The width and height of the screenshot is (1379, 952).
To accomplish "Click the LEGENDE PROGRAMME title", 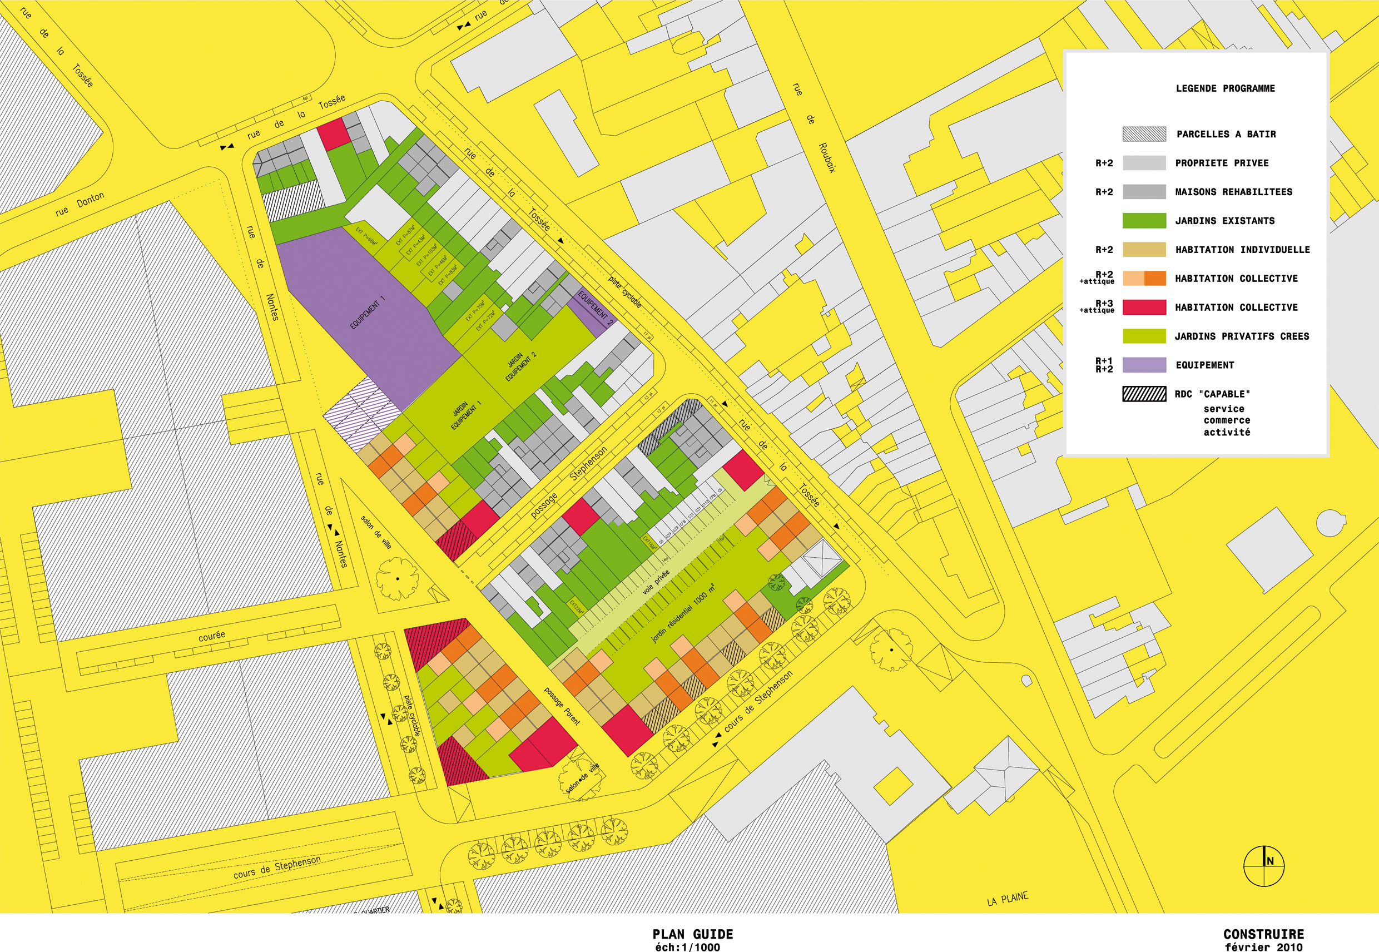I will coord(1225,88).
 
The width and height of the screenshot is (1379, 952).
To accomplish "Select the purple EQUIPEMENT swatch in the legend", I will coord(1144,365).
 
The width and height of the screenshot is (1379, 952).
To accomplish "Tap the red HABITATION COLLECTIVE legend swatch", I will coord(1144,307).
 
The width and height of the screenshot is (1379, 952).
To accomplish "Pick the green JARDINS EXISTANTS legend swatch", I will coord(1144,221).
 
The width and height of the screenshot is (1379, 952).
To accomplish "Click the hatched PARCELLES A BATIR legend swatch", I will coord(1144,134).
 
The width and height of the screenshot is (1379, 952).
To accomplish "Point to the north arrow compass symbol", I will coord(1263,866).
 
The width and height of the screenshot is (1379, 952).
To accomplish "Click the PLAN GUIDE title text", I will coord(692,934).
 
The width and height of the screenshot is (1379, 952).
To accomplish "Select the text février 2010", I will coord(1263,946).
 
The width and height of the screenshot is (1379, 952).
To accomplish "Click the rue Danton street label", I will coord(80,204).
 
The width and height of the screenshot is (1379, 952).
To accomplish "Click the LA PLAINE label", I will coord(1008,898).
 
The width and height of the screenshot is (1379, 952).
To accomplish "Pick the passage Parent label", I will coord(561,706).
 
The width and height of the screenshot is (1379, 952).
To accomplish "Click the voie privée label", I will coord(656,582).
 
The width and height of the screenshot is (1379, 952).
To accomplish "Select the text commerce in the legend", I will coord(1226,420).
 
